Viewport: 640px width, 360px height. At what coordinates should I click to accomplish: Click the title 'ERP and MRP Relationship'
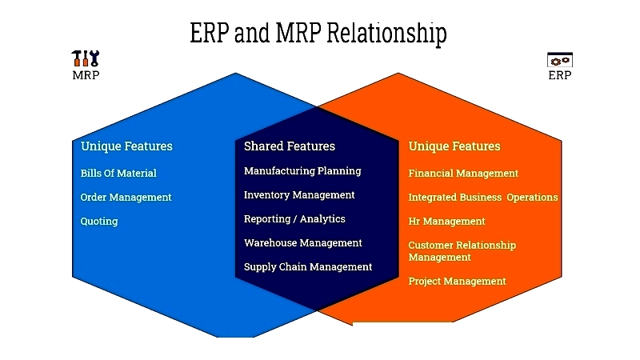318,33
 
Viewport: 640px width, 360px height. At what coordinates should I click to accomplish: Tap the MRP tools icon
86,58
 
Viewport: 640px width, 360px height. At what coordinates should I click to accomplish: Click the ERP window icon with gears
559,59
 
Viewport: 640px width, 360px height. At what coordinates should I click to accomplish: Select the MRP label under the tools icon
86,75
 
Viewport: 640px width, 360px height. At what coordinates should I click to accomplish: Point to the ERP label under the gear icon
559,75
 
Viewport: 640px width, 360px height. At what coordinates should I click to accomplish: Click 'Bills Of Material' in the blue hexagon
118,173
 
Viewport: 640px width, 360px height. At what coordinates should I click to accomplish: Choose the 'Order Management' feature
126,197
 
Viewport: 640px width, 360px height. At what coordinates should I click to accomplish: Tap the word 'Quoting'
99,222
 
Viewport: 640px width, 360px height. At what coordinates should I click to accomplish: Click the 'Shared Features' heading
290,146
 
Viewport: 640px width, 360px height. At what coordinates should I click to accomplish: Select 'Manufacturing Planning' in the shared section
302,171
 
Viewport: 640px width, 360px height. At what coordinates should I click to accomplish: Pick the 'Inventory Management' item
299,195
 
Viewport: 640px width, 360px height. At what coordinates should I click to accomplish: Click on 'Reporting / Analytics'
294,218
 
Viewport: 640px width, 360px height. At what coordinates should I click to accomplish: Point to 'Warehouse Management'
303,243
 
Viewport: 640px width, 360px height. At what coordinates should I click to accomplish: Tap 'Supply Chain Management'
308,267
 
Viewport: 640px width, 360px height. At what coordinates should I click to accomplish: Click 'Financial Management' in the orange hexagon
463,173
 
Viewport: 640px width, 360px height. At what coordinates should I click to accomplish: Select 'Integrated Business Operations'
483,197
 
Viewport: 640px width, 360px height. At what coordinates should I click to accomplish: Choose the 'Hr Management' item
446,222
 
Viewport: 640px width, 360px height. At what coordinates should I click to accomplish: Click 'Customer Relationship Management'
462,251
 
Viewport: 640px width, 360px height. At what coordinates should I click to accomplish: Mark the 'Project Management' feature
457,282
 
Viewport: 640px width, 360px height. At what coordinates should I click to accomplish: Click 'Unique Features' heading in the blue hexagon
126,146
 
